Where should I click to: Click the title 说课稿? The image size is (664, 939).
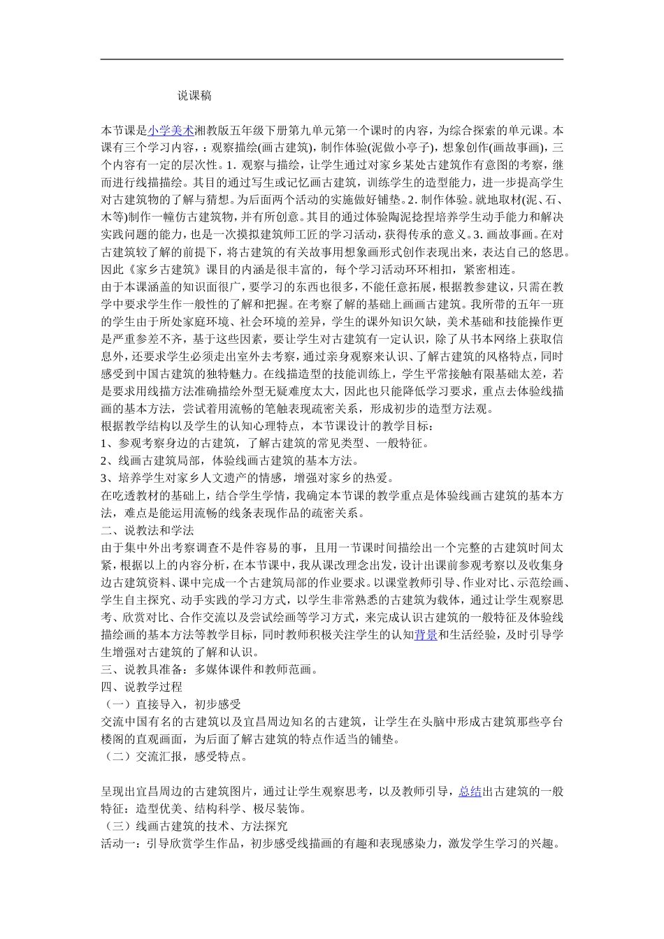tap(194, 96)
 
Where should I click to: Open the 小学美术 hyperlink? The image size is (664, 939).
tap(171, 131)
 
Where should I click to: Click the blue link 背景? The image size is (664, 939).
tap(426, 635)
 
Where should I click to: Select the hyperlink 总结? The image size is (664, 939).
tap(470, 792)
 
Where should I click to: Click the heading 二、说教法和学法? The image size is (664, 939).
tap(147, 530)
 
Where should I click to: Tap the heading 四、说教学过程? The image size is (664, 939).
tap(142, 687)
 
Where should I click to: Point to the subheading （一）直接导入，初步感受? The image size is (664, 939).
tap(171, 704)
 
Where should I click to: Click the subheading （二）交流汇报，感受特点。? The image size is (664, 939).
tap(174, 757)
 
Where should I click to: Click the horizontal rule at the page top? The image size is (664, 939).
tap(332, 59)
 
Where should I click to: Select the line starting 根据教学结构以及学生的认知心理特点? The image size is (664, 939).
tap(268, 425)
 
